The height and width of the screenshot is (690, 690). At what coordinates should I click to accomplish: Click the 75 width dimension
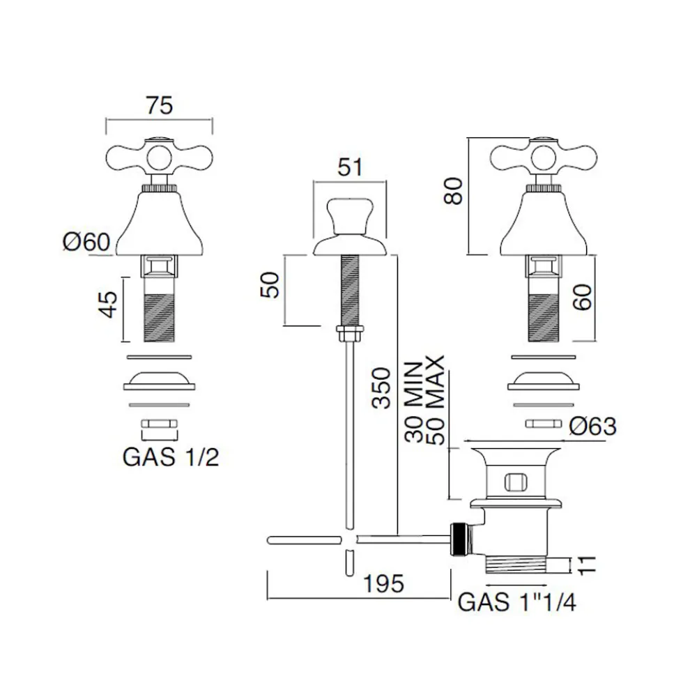point(160,106)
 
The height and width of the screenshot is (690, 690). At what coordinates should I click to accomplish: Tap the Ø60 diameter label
point(86,242)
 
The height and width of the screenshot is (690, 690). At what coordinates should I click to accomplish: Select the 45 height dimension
point(108,304)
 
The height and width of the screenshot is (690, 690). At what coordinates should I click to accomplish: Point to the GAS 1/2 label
point(171,457)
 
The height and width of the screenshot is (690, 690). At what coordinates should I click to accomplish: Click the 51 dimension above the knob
point(350,167)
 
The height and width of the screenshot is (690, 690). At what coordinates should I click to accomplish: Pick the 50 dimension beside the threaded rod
point(270,285)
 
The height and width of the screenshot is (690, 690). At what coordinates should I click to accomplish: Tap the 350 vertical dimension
point(381,388)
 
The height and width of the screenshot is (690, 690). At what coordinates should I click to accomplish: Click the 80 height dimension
point(453,191)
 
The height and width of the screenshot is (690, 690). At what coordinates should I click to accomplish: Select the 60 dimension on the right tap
point(583,298)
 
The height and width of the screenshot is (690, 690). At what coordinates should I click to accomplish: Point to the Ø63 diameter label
point(592,426)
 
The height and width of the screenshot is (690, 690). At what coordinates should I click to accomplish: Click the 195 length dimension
point(383,584)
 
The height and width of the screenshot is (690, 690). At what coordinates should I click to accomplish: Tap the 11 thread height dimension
point(587,565)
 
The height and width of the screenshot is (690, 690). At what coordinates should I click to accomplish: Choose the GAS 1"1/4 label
point(516,602)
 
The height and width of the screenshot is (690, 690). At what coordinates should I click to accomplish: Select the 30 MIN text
point(413,402)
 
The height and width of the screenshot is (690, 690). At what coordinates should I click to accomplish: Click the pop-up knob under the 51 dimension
point(350,217)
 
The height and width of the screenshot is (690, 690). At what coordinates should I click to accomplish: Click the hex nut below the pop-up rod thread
point(350,333)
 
